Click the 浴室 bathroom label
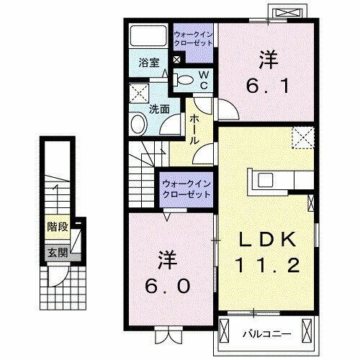(149, 63)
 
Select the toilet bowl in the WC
(184, 79)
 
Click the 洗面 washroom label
(159, 109)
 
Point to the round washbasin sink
(138, 125)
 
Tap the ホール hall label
(194, 130)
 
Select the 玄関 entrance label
(57, 252)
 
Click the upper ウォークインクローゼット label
(193, 37)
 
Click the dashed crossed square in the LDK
(302, 135)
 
